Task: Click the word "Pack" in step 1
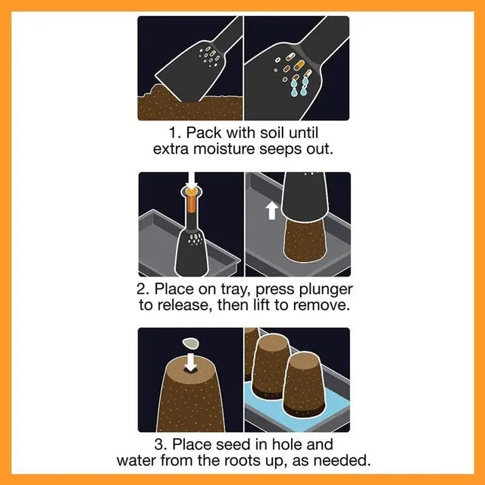tap(204, 133)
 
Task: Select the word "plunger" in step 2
tap(326, 289)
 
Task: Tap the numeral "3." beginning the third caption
tap(161, 445)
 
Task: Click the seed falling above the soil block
tap(191, 343)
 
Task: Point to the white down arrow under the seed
tap(191, 361)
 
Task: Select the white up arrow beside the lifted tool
tap(272, 211)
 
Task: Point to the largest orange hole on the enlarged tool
tap(299, 64)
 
